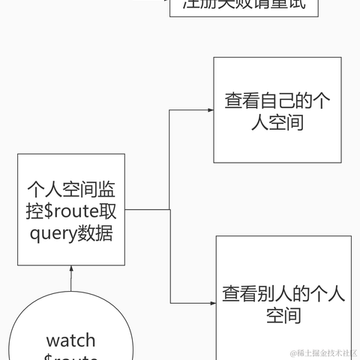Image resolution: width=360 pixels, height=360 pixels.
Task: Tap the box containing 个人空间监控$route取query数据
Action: (71, 209)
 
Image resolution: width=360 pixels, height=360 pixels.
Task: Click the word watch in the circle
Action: (70, 341)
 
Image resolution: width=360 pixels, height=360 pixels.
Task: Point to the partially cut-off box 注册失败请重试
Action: (244, 7)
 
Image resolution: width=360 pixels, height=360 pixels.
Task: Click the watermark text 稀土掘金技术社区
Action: (323, 352)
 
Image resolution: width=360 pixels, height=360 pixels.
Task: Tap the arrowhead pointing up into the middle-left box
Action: (71, 269)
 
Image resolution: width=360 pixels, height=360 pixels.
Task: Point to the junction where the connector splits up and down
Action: (170, 209)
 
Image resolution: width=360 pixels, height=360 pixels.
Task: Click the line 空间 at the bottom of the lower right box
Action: (283, 316)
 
